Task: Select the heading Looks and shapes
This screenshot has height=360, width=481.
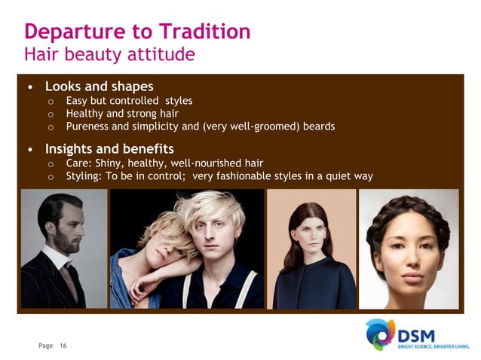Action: (x=100, y=86)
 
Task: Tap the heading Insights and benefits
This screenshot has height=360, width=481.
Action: (x=110, y=148)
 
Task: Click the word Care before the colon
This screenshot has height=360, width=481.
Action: (x=79, y=163)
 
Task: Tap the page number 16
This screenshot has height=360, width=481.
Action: (x=63, y=346)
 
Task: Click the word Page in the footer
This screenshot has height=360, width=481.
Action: (x=46, y=346)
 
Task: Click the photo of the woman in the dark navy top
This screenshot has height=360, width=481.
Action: (x=311, y=249)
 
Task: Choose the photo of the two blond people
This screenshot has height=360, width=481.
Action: (x=188, y=249)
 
